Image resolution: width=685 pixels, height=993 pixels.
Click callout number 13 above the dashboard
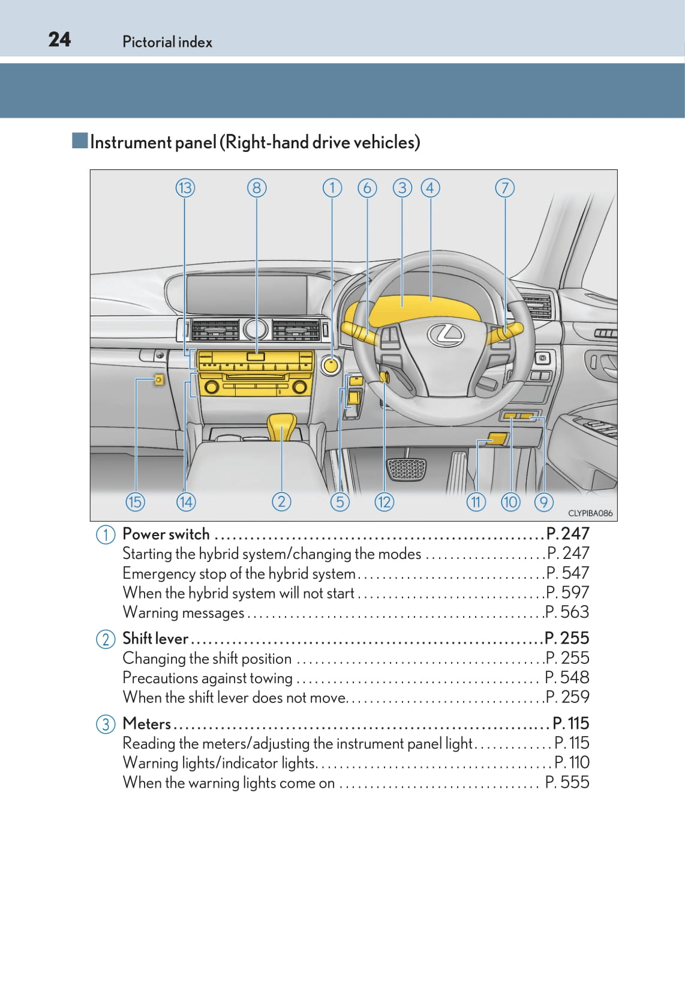pos(185,188)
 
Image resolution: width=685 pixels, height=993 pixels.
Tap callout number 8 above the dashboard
pos(257,188)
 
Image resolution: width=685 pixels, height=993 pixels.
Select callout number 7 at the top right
pos(505,188)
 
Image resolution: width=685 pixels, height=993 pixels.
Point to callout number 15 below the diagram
pos(135,502)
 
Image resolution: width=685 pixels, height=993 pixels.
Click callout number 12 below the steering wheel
pos(384,502)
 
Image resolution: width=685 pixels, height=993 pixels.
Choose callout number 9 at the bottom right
pos(544,502)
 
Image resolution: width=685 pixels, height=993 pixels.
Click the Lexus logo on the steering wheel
pos(446,334)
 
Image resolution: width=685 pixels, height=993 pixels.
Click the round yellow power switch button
pos(331,364)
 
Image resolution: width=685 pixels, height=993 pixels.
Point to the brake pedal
pos(406,469)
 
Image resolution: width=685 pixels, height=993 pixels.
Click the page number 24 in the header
pos(59,40)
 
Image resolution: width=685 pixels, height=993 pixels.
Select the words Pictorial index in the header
pos(167,42)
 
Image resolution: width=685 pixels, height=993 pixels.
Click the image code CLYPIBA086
pos(590,513)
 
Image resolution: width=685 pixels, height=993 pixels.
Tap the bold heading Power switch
pos(166,534)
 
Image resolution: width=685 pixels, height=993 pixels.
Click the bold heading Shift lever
pos(155,638)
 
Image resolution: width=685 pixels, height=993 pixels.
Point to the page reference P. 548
pos(567,677)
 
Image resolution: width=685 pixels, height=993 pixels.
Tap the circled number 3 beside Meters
pos(106,723)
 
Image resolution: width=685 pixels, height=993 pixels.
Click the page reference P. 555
pos(567,782)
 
